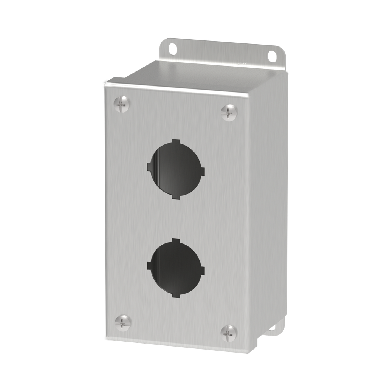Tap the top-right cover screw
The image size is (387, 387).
click(x=229, y=112)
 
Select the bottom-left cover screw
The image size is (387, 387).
click(x=123, y=322)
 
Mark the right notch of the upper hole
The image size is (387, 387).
click(x=202, y=172)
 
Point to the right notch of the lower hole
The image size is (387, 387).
click(x=202, y=271)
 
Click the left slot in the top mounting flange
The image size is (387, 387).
click(x=172, y=48)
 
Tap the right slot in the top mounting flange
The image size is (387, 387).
click(x=272, y=56)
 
